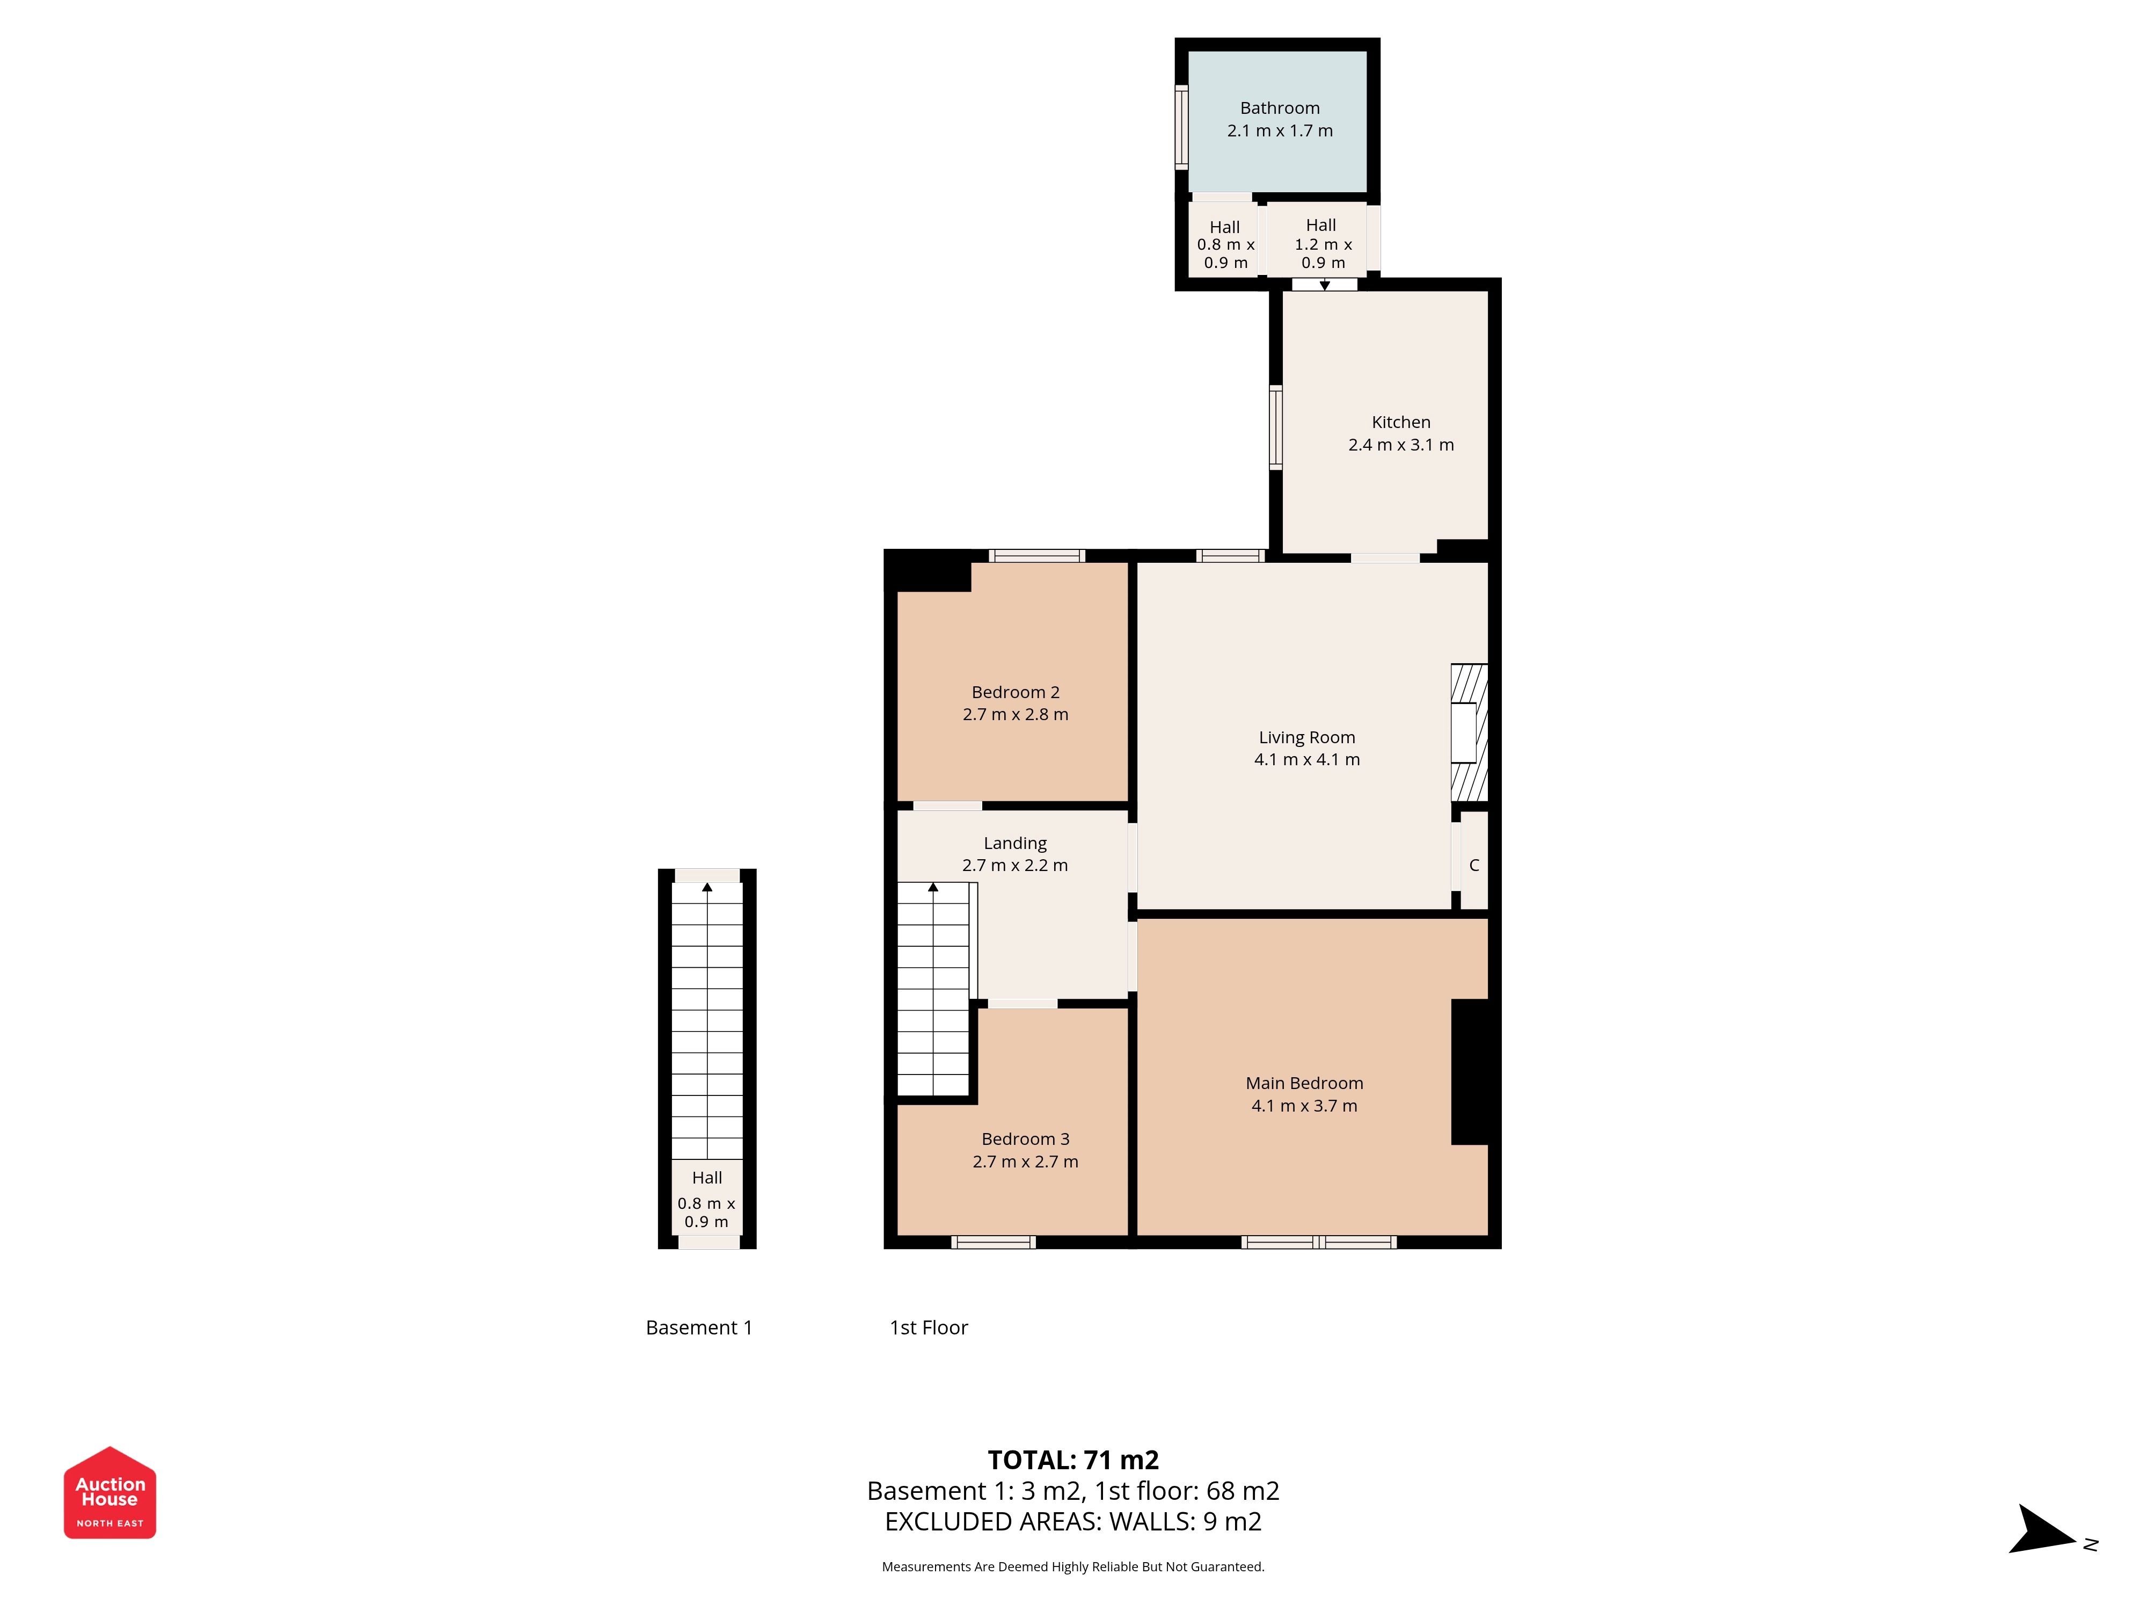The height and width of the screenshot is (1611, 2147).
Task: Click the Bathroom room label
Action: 1279,108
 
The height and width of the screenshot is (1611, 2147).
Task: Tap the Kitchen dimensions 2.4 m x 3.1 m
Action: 1400,445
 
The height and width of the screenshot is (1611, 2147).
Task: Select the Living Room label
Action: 1306,738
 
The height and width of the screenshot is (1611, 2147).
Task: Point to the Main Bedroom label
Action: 1304,1083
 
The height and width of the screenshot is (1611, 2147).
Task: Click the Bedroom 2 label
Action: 1016,692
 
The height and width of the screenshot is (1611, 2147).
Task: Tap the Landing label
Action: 1016,844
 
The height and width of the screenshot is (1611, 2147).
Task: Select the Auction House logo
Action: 109,1492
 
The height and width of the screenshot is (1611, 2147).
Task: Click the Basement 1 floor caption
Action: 699,1327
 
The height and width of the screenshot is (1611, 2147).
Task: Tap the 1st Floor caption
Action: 929,1327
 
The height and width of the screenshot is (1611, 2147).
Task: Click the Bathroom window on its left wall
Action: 1181,127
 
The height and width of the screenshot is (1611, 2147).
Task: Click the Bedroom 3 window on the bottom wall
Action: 993,1242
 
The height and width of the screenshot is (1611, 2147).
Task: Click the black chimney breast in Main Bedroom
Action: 1471,1072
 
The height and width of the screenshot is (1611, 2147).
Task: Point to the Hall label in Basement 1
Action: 706,1178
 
